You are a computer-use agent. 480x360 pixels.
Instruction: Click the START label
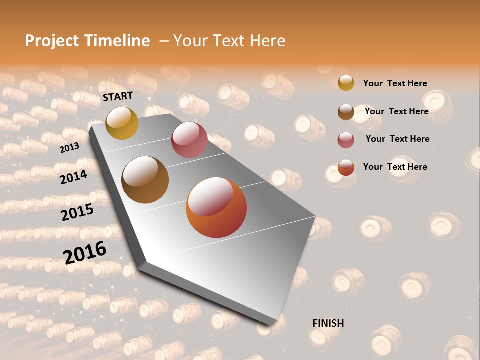(x=118, y=96)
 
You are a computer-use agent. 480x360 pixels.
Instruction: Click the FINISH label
(x=328, y=323)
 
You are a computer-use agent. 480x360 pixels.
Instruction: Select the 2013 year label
(x=69, y=148)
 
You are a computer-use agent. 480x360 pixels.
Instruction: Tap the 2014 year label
(x=73, y=177)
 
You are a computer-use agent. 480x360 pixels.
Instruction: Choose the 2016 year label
(x=85, y=252)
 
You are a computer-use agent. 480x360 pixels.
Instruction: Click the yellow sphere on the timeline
(x=122, y=123)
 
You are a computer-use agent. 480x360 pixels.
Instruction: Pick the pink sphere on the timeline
(x=189, y=140)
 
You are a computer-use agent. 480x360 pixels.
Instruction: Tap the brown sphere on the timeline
(x=145, y=180)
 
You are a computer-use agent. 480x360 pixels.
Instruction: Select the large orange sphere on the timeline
(x=216, y=207)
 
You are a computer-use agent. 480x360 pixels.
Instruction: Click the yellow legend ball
(x=346, y=83)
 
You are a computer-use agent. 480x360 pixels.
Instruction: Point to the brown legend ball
(x=346, y=112)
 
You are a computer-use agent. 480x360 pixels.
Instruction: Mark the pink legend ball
(x=346, y=140)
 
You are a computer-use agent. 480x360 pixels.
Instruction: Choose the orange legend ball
(x=346, y=167)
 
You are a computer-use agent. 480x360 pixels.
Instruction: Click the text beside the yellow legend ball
(x=395, y=83)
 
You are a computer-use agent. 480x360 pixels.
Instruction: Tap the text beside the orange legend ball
(x=395, y=167)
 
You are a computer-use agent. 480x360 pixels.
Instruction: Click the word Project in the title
(x=52, y=41)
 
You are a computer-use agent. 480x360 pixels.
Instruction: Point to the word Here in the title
(x=267, y=41)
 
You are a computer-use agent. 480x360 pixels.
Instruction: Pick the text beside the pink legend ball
(x=397, y=139)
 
